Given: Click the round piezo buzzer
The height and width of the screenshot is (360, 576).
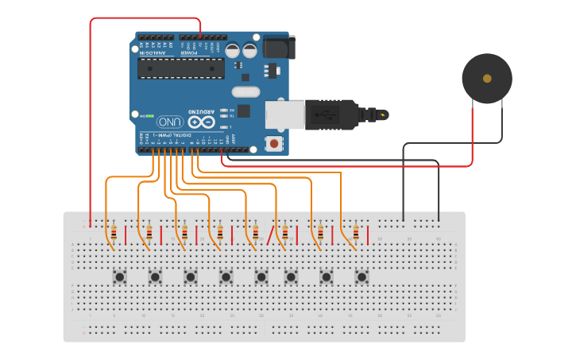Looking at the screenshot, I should pyautogui.click(x=487, y=79).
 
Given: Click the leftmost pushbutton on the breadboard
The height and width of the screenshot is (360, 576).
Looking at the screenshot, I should pyautogui.click(x=120, y=277).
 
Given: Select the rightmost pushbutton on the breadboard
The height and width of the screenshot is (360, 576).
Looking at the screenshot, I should pyautogui.click(x=362, y=277).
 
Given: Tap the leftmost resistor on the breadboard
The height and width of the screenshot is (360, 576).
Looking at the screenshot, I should pyautogui.click(x=114, y=233).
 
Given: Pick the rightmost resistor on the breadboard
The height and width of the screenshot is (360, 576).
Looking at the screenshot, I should pyautogui.click(x=356, y=233).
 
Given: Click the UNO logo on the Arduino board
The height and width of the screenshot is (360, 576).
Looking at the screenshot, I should pyautogui.click(x=169, y=122).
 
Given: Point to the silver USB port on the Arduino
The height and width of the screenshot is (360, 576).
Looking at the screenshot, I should pyautogui.click(x=284, y=114).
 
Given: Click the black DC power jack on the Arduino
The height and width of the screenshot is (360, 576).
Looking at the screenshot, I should pyautogui.click(x=278, y=47).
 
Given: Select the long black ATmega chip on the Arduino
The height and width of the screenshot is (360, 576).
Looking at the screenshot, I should pyautogui.click(x=180, y=68).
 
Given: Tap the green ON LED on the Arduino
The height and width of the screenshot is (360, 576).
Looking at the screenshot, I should pyautogui.click(x=145, y=115).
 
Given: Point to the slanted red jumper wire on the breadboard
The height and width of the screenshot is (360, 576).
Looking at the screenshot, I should pyautogui.click(x=270, y=234).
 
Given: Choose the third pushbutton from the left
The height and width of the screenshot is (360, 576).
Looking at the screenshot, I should pyautogui.click(x=191, y=277).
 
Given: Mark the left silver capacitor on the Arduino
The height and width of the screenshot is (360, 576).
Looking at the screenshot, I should pyautogui.click(x=233, y=50).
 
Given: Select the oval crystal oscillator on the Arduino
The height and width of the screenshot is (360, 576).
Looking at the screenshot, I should pyautogui.click(x=245, y=91).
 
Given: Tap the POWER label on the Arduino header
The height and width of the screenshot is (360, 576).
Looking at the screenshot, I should pyautogui.click(x=199, y=52).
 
